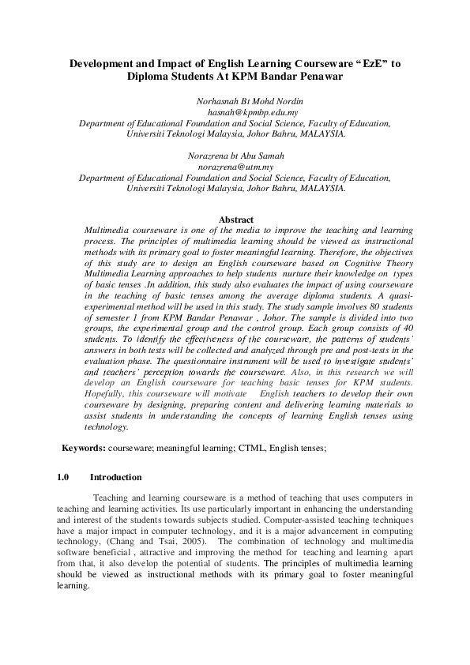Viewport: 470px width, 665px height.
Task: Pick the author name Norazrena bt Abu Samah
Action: [x=236, y=156]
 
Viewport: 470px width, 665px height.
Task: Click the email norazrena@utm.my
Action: [x=236, y=167]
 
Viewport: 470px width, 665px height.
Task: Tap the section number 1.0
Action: [x=64, y=477]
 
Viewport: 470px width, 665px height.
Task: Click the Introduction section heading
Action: [x=116, y=477]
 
